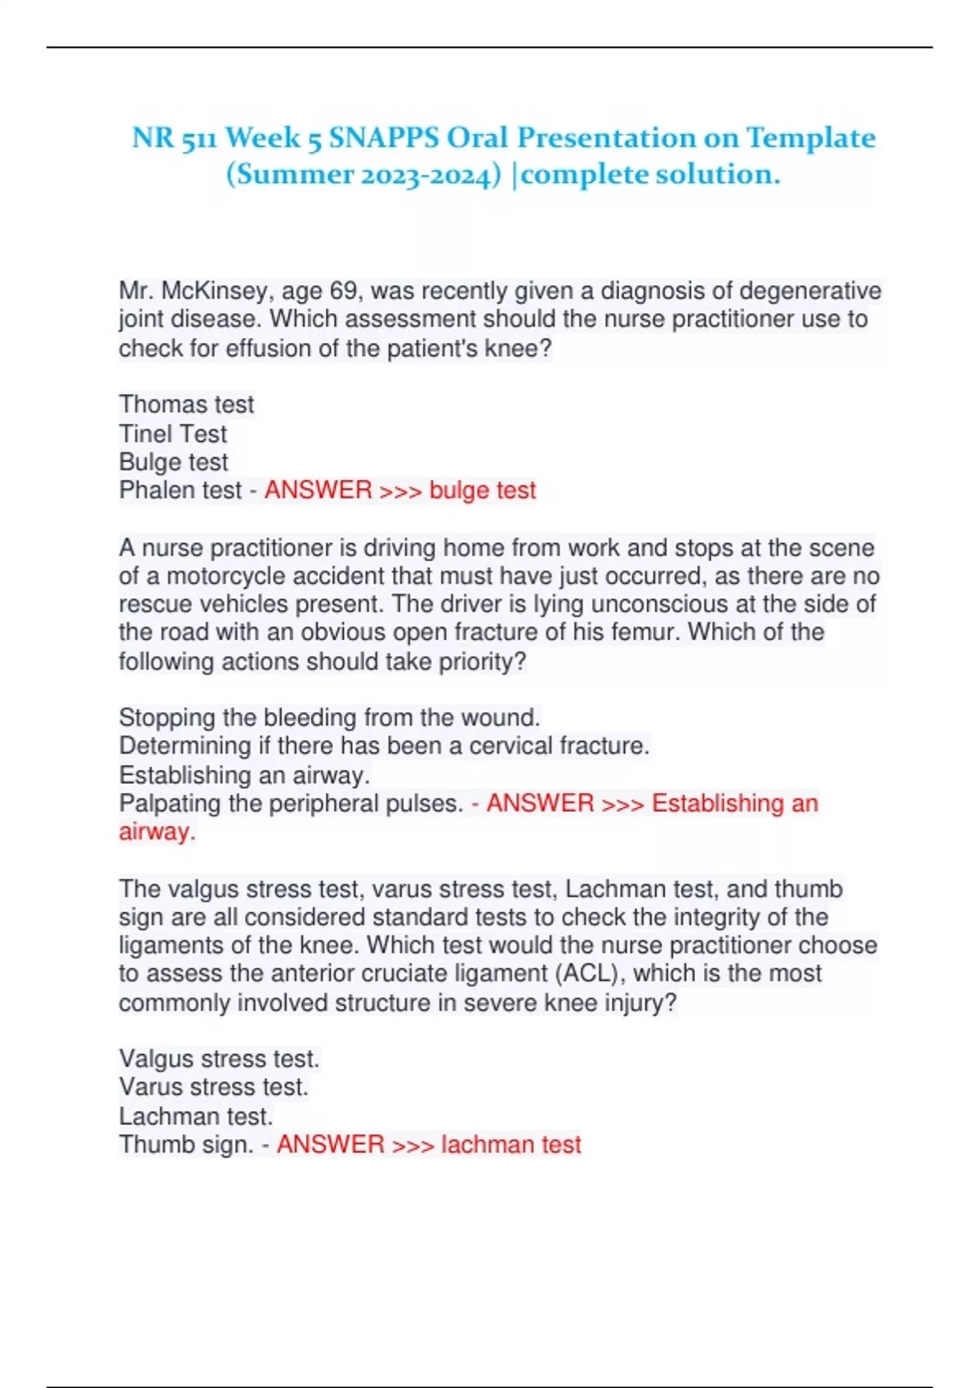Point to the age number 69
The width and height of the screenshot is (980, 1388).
pos(345,291)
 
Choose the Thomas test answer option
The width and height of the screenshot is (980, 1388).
pos(186,404)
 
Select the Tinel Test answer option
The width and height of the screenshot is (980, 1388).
pos(173,434)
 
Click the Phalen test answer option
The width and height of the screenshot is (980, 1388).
pos(180,490)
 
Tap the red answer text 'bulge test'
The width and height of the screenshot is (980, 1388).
pos(483,490)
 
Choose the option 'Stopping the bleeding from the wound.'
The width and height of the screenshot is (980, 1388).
pos(329,718)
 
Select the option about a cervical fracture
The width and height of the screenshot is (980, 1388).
pos(384,746)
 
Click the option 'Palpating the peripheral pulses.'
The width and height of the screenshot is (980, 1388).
pos(291,803)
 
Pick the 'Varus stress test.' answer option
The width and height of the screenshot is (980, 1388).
pos(214,1088)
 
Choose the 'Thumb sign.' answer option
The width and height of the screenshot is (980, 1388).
pos(186,1145)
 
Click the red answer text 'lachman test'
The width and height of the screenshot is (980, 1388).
pos(511,1145)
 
